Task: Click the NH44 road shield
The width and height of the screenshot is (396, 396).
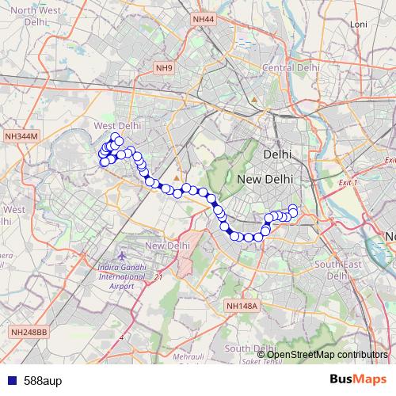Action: pyautogui.click(x=203, y=18)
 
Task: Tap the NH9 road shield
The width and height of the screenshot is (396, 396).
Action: pyautogui.click(x=165, y=68)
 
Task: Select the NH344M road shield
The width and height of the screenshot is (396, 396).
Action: pyautogui.click(x=21, y=136)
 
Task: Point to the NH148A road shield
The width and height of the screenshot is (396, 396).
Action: pyautogui.click(x=242, y=306)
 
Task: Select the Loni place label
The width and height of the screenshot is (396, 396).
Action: pyautogui.click(x=359, y=25)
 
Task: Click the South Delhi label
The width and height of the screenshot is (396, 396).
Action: pyautogui.click(x=249, y=348)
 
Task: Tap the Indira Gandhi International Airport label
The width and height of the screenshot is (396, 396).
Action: pyautogui.click(x=121, y=273)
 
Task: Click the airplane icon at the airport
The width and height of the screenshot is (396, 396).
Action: pyautogui.click(x=122, y=256)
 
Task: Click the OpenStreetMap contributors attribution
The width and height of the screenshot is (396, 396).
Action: pyautogui.click(x=326, y=354)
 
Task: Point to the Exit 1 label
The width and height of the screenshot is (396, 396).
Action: pyautogui.click(x=347, y=183)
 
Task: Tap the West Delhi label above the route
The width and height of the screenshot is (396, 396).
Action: pyautogui.click(x=117, y=125)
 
